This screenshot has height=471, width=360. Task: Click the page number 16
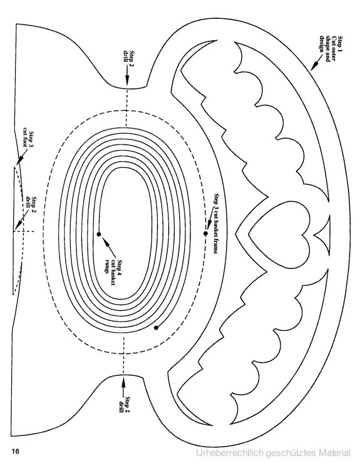15,451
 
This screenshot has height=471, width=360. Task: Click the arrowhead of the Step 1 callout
313,68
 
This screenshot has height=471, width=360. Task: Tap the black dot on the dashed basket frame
206,233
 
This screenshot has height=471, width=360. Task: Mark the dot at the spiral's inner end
99,234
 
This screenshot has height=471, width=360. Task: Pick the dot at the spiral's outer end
156,328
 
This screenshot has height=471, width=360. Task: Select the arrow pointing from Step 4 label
109,246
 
